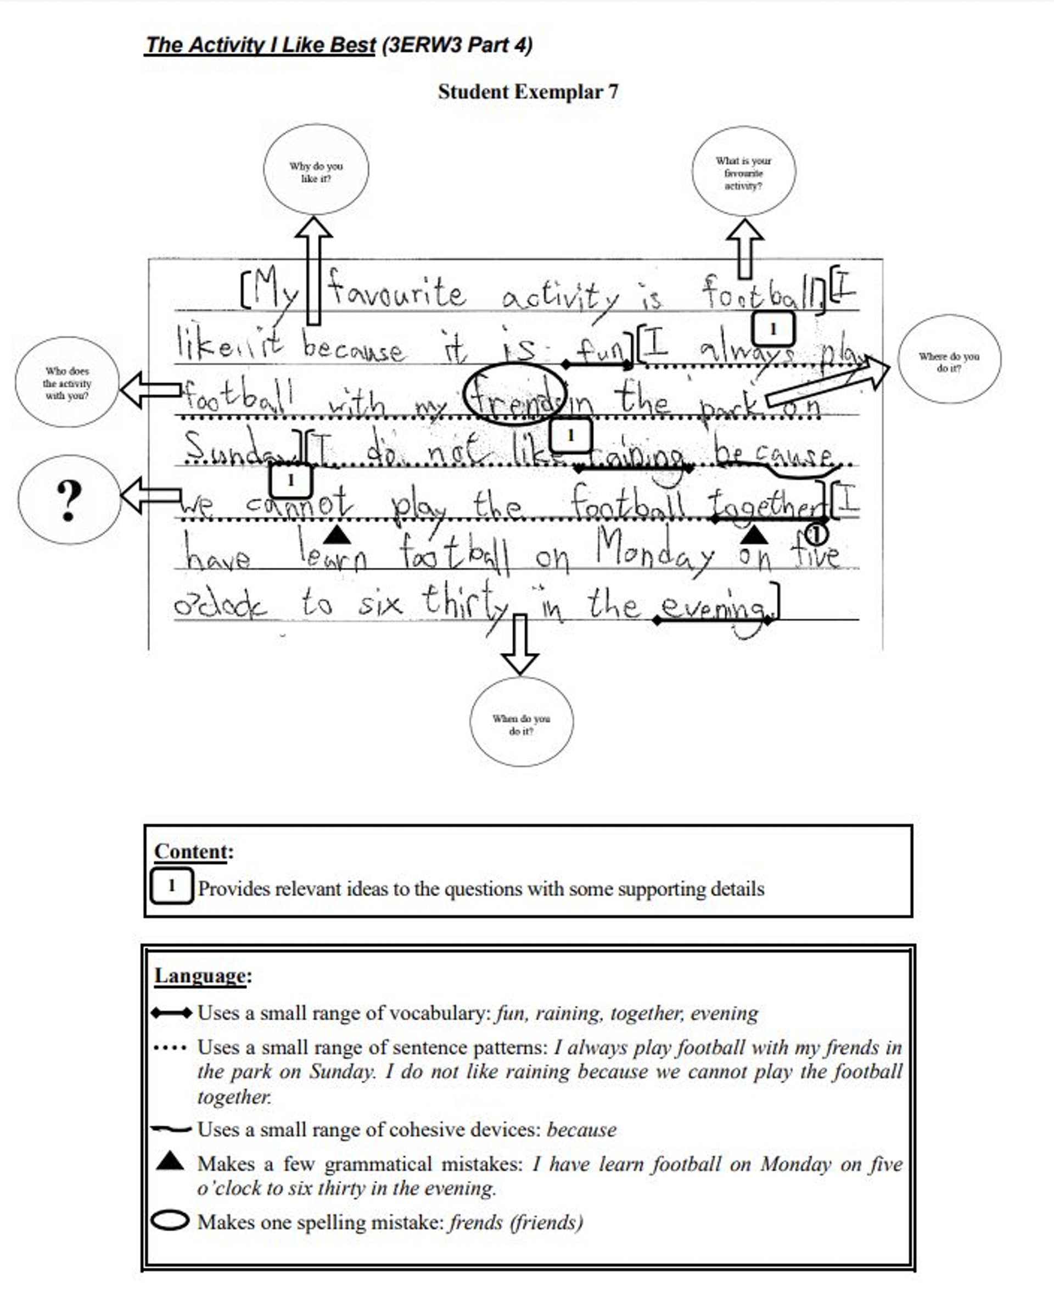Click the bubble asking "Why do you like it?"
[316, 170]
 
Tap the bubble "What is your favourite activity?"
[743, 171]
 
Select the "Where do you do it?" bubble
[949, 360]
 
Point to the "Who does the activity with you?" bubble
[67, 382]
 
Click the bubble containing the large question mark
[69, 500]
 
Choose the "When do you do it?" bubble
[521, 722]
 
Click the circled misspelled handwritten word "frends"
[515, 395]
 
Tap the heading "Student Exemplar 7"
[528, 92]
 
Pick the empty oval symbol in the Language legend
[170, 1221]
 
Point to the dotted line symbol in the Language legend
[170, 1048]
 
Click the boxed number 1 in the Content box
[172, 886]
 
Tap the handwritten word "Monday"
[654, 549]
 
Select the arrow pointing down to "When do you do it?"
[520, 644]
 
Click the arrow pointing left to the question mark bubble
[150, 495]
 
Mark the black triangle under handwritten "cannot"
[337, 535]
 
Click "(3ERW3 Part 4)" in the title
[457, 45]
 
